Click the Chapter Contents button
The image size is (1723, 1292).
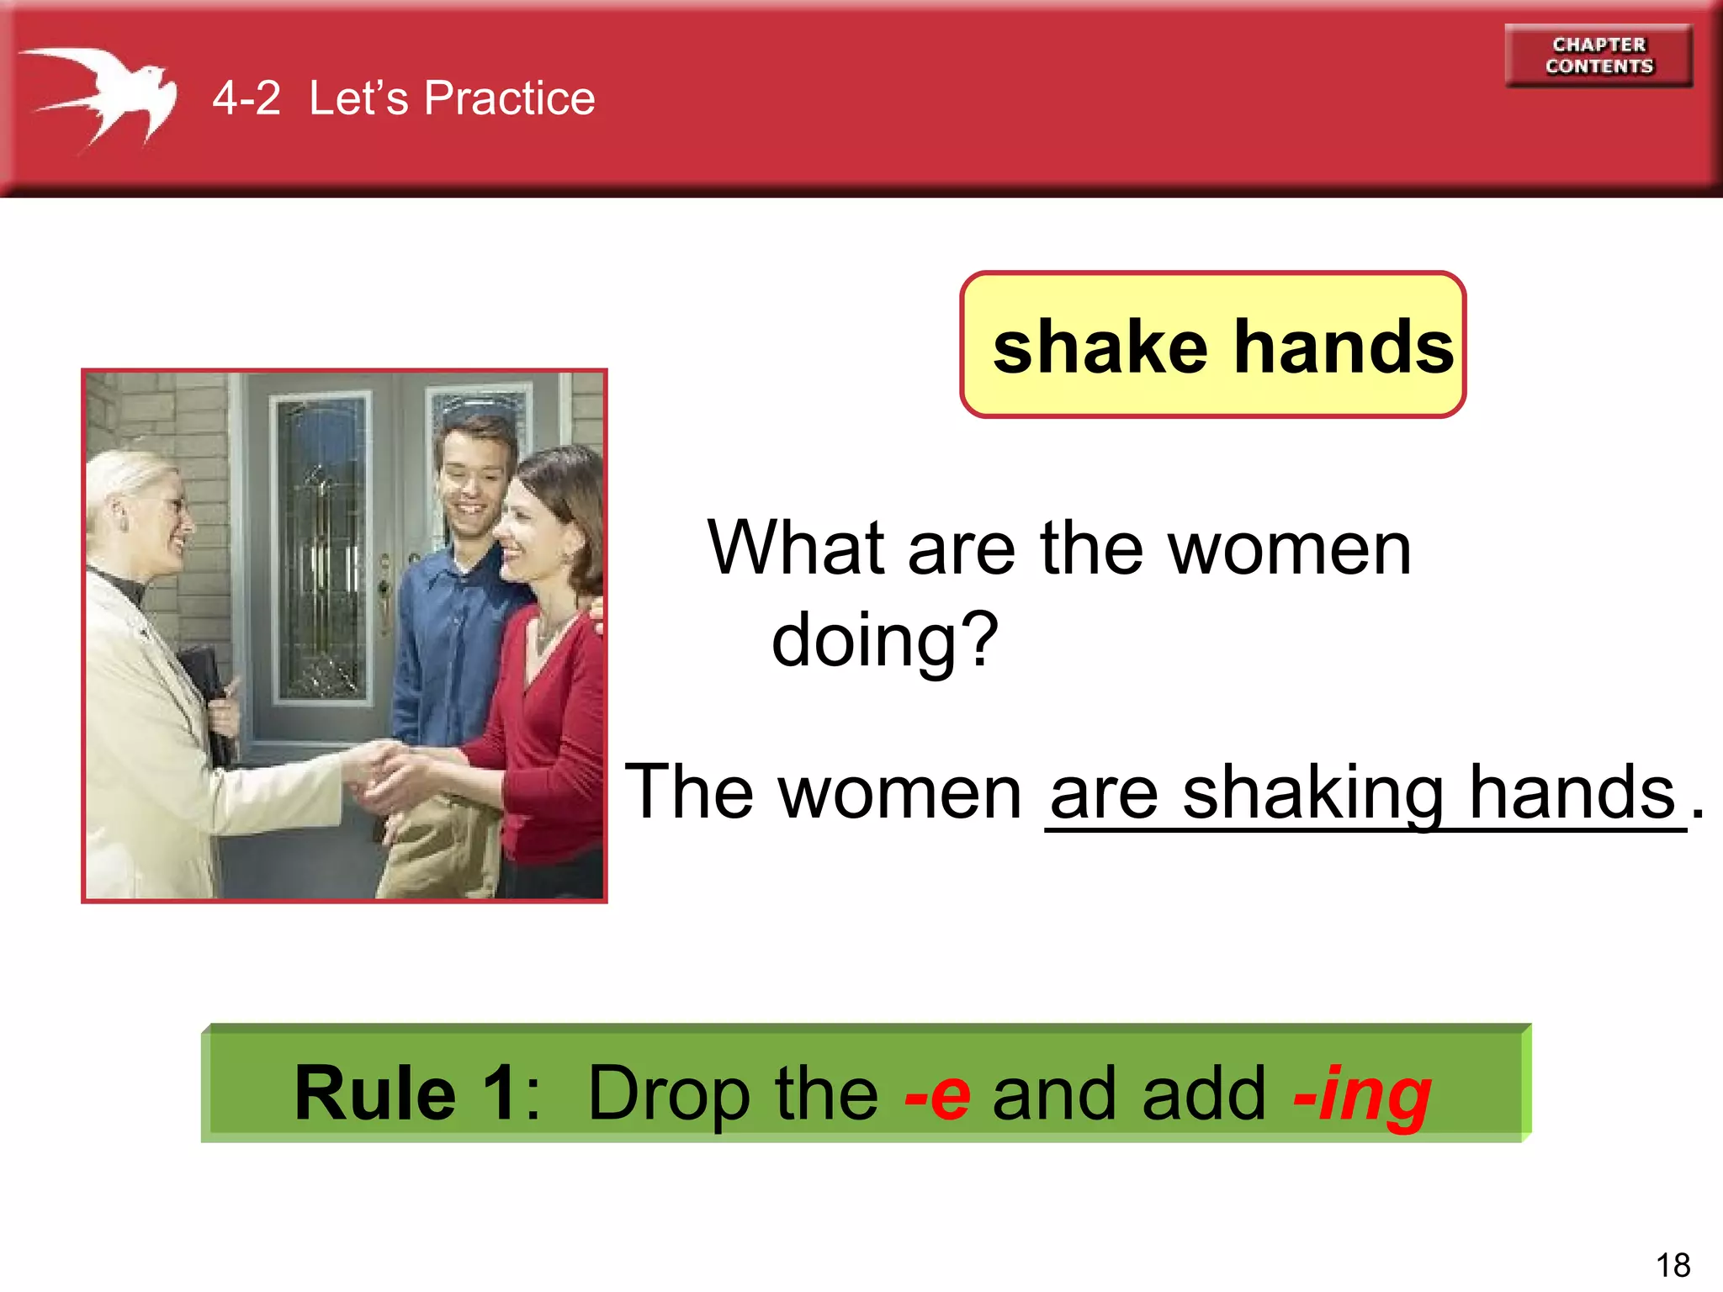[x=1598, y=56]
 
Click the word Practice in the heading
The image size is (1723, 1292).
[x=509, y=98]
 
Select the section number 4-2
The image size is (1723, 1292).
[x=246, y=98]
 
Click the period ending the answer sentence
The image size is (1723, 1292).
[x=1698, y=812]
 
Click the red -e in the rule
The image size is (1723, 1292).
[x=937, y=1093]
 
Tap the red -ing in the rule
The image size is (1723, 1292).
[x=1362, y=1093]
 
